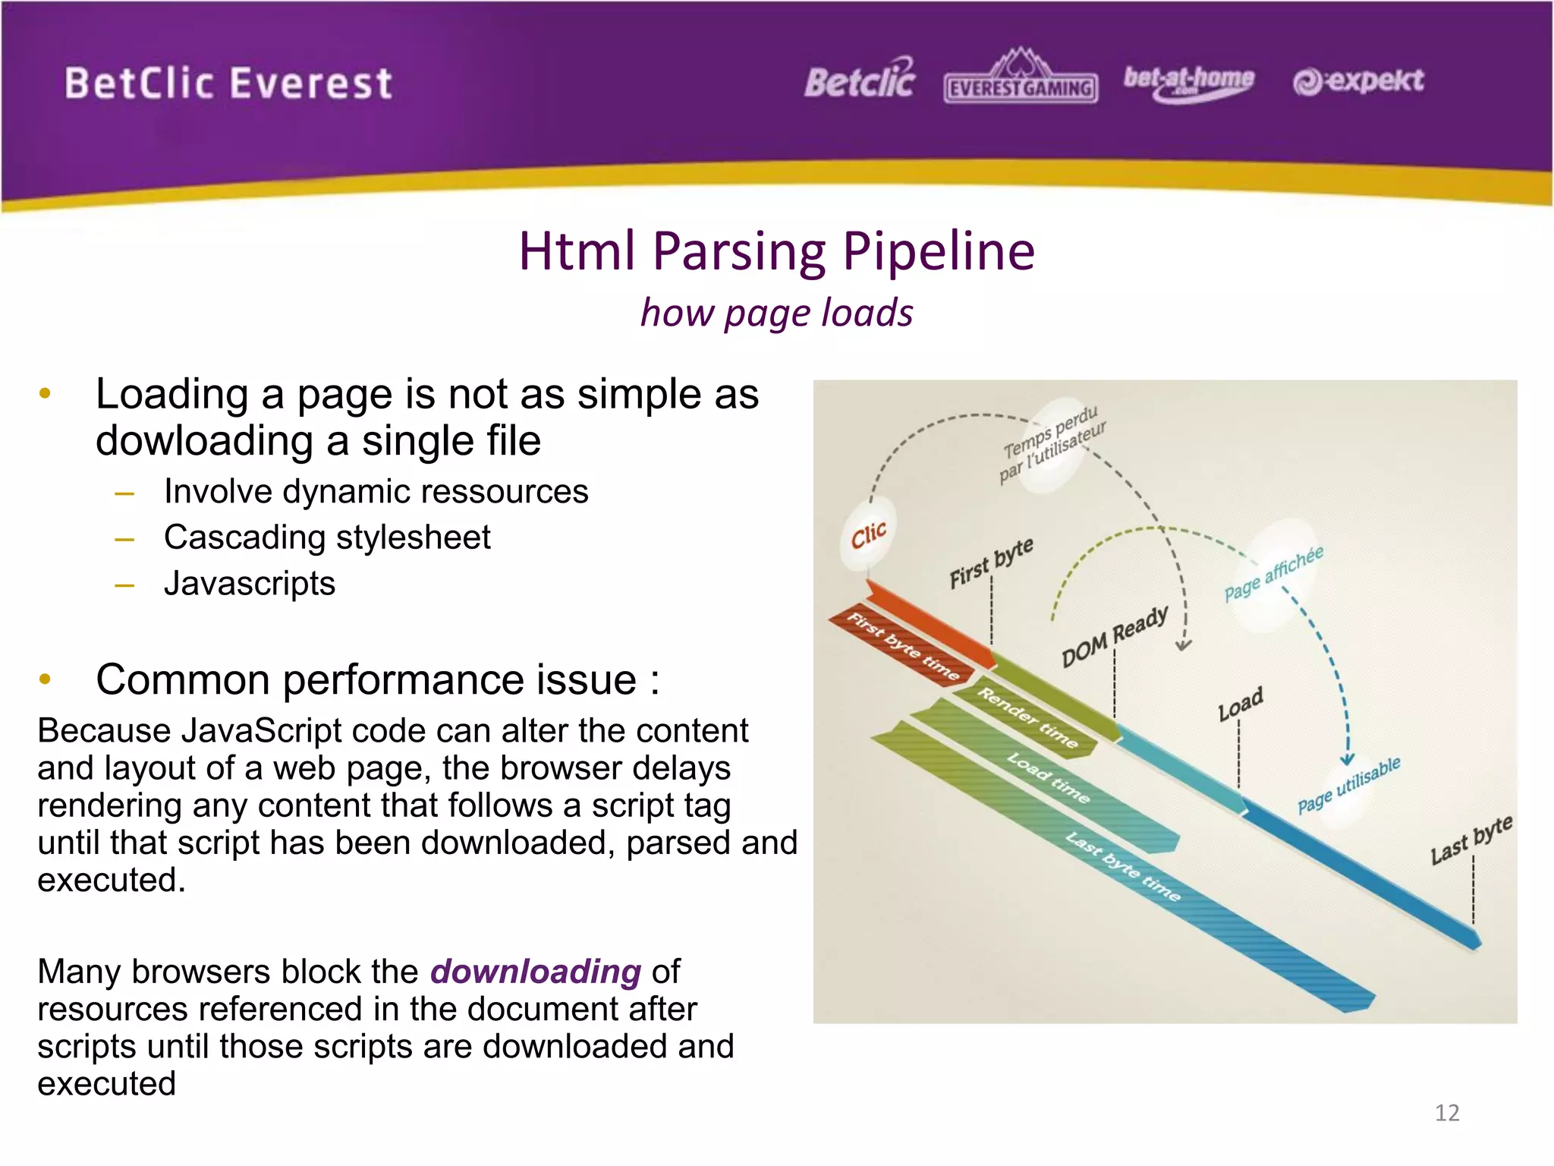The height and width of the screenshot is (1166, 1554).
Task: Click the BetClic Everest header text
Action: (228, 84)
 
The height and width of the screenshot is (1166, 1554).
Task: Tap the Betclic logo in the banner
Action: (860, 79)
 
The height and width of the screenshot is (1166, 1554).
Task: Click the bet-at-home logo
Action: (1188, 80)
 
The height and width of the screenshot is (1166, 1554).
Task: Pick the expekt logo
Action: (1358, 80)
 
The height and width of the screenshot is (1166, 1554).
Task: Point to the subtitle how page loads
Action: (776, 313)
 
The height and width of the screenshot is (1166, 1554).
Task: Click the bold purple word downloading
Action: (536, 972)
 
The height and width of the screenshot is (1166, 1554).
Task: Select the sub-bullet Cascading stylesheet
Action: (327, 537)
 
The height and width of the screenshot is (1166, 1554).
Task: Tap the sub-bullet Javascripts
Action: (249, 584)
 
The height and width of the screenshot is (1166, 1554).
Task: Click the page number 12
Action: (1447, 1113)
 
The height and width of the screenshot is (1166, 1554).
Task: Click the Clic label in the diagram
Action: (868, 535)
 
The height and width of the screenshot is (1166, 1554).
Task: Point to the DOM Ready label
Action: (1114, 636)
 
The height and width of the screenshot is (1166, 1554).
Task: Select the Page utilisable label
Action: (1348, 785)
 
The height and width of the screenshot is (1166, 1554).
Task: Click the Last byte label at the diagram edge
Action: (1471, 840)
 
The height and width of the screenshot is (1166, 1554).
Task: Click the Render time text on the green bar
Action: (1027, 717)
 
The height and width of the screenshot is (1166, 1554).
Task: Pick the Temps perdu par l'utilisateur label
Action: (1053, 444)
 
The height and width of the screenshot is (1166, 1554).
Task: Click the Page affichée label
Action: (1274, 573)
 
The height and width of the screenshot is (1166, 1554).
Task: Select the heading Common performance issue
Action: (377, 679)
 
